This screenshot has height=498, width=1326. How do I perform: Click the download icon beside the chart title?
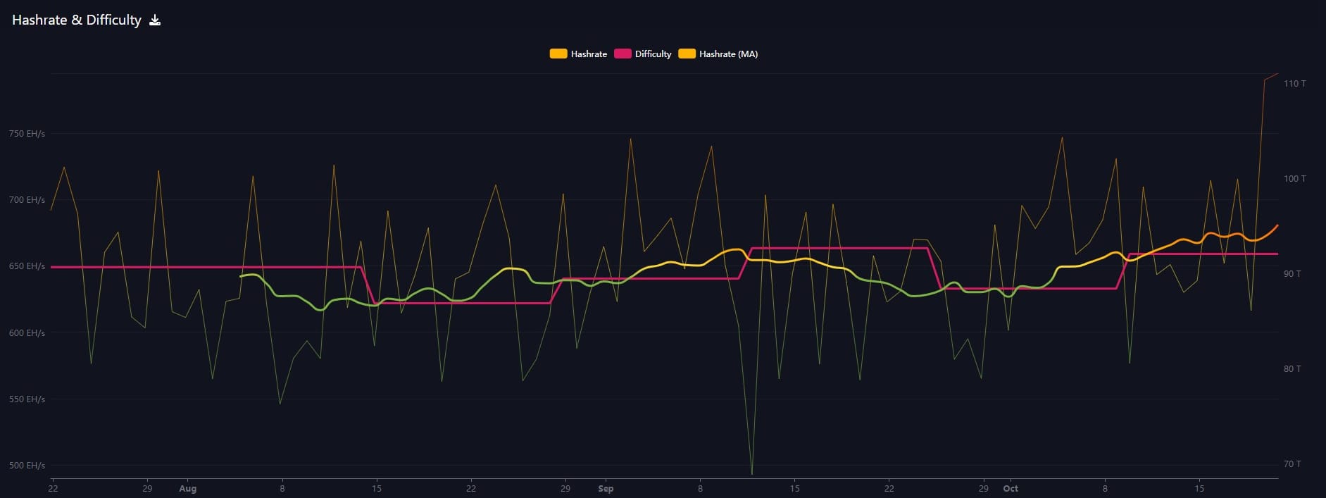(x=155, y=20)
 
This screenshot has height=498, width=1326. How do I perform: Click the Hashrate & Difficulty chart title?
(x=77, y=20)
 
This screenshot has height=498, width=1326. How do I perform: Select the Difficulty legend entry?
(x=643, y=54)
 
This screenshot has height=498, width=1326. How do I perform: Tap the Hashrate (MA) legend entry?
(x=718, y=54)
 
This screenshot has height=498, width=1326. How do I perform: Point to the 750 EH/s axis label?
(x=27, y=134)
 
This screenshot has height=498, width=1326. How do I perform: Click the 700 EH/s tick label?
(x=27, y=200)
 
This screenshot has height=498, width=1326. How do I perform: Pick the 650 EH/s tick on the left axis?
(x=27, y=266)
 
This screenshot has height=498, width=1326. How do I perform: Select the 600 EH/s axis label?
(x=27, y=333)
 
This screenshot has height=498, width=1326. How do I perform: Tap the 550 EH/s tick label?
(x=27, y=399)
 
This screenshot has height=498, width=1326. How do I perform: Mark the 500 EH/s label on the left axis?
(x=27, y=466)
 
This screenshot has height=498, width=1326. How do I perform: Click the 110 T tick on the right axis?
(x=1294, y=84)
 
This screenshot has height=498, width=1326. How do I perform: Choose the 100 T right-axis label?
(x=1294, y=179)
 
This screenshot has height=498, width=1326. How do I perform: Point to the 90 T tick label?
(x=1292, y=274)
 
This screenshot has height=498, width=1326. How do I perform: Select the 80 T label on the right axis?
(x=1292, y=369)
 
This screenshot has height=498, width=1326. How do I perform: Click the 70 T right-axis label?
(x=1292, y=464)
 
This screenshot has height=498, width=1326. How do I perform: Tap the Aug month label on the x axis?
(x=188, y=489)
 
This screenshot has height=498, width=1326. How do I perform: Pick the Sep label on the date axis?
(x=606, y=489)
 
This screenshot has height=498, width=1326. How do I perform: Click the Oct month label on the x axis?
(x=1011, y=489)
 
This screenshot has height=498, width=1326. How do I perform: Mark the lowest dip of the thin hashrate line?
(x=752, y=474)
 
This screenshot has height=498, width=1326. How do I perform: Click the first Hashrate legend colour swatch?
(x=558, y=54)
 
